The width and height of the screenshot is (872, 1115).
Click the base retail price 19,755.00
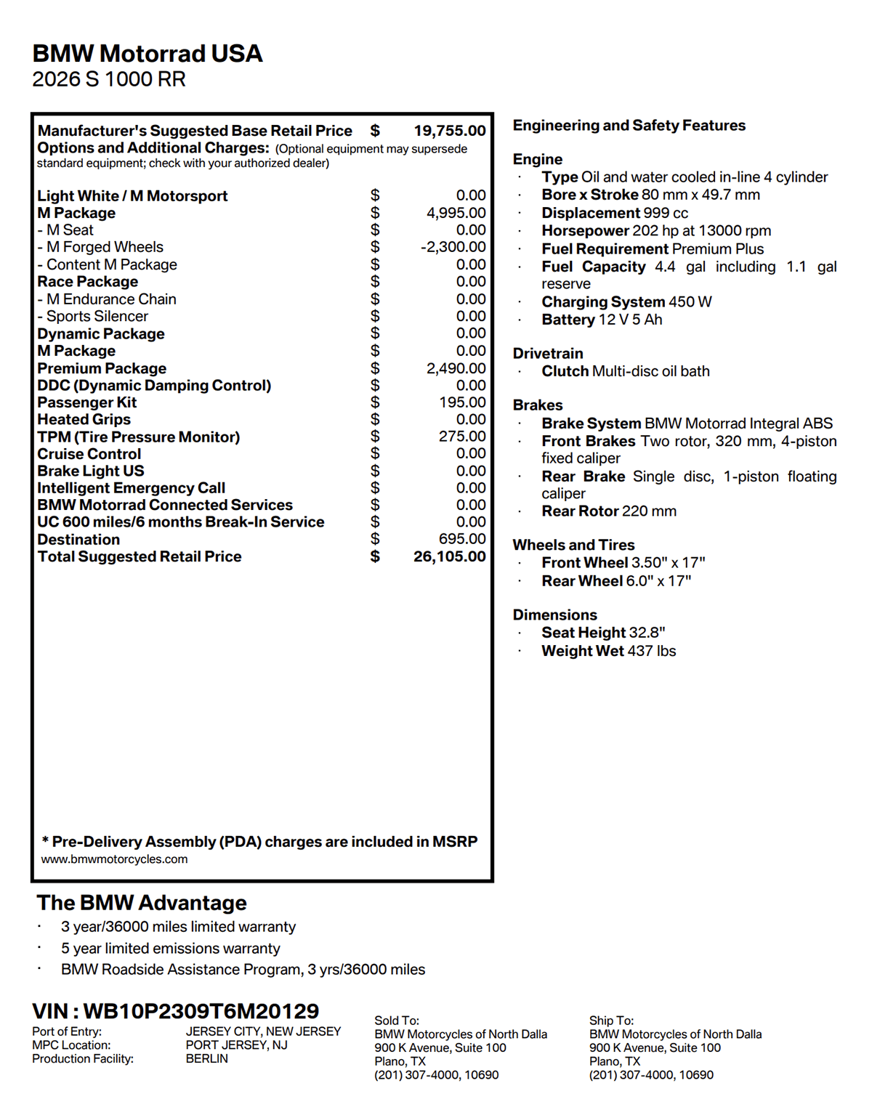(x=449, y=131)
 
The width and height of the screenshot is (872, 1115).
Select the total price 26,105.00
(x=449, y=556)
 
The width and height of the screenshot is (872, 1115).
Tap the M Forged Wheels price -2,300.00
(x=453, y=247)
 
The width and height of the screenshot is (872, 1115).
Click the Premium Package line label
(x=102, y=368)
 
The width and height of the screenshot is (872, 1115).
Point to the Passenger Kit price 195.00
(x=462, y=402)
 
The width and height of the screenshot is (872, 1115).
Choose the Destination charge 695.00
(x=462, y=539)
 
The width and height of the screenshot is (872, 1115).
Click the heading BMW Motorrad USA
(x=148, y=54)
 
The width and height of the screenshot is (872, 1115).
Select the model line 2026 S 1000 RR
(x=109, y=79)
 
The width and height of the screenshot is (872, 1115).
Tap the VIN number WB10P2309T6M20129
(x=201, y=1011)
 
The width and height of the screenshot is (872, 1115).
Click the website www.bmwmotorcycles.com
(x=114, y=859)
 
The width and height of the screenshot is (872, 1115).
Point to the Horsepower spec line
(x=656, y=231)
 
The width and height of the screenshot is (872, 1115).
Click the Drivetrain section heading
(x=548, y=354)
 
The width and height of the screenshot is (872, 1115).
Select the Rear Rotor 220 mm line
(x=609, y=511)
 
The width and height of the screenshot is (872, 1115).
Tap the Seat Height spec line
(x=603, y=633)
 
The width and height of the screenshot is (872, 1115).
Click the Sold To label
(x=397, y=1021)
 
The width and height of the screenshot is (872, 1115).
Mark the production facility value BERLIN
(x=206, y=1059)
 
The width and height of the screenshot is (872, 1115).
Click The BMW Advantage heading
(x=142, y=903)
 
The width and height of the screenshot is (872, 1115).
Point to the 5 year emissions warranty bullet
(x=170, y=949)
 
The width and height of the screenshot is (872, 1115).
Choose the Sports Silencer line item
(x=97, y=317)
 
